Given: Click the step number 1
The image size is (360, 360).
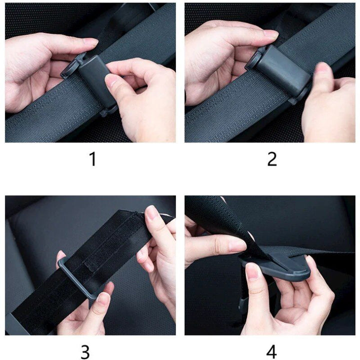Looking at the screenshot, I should point(92,159).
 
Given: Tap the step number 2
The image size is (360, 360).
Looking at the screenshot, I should point(271,159).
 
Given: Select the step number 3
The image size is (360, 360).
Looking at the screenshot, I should point(85,351).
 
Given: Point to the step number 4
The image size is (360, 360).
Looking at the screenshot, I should point(271,351).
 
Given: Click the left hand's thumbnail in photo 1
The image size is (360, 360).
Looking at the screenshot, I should point(90,42).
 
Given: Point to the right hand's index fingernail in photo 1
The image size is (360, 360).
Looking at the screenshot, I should point(113,79).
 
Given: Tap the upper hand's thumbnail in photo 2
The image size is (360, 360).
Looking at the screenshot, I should point(270,34).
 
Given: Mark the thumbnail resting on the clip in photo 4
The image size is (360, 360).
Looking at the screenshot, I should point(252,271).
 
